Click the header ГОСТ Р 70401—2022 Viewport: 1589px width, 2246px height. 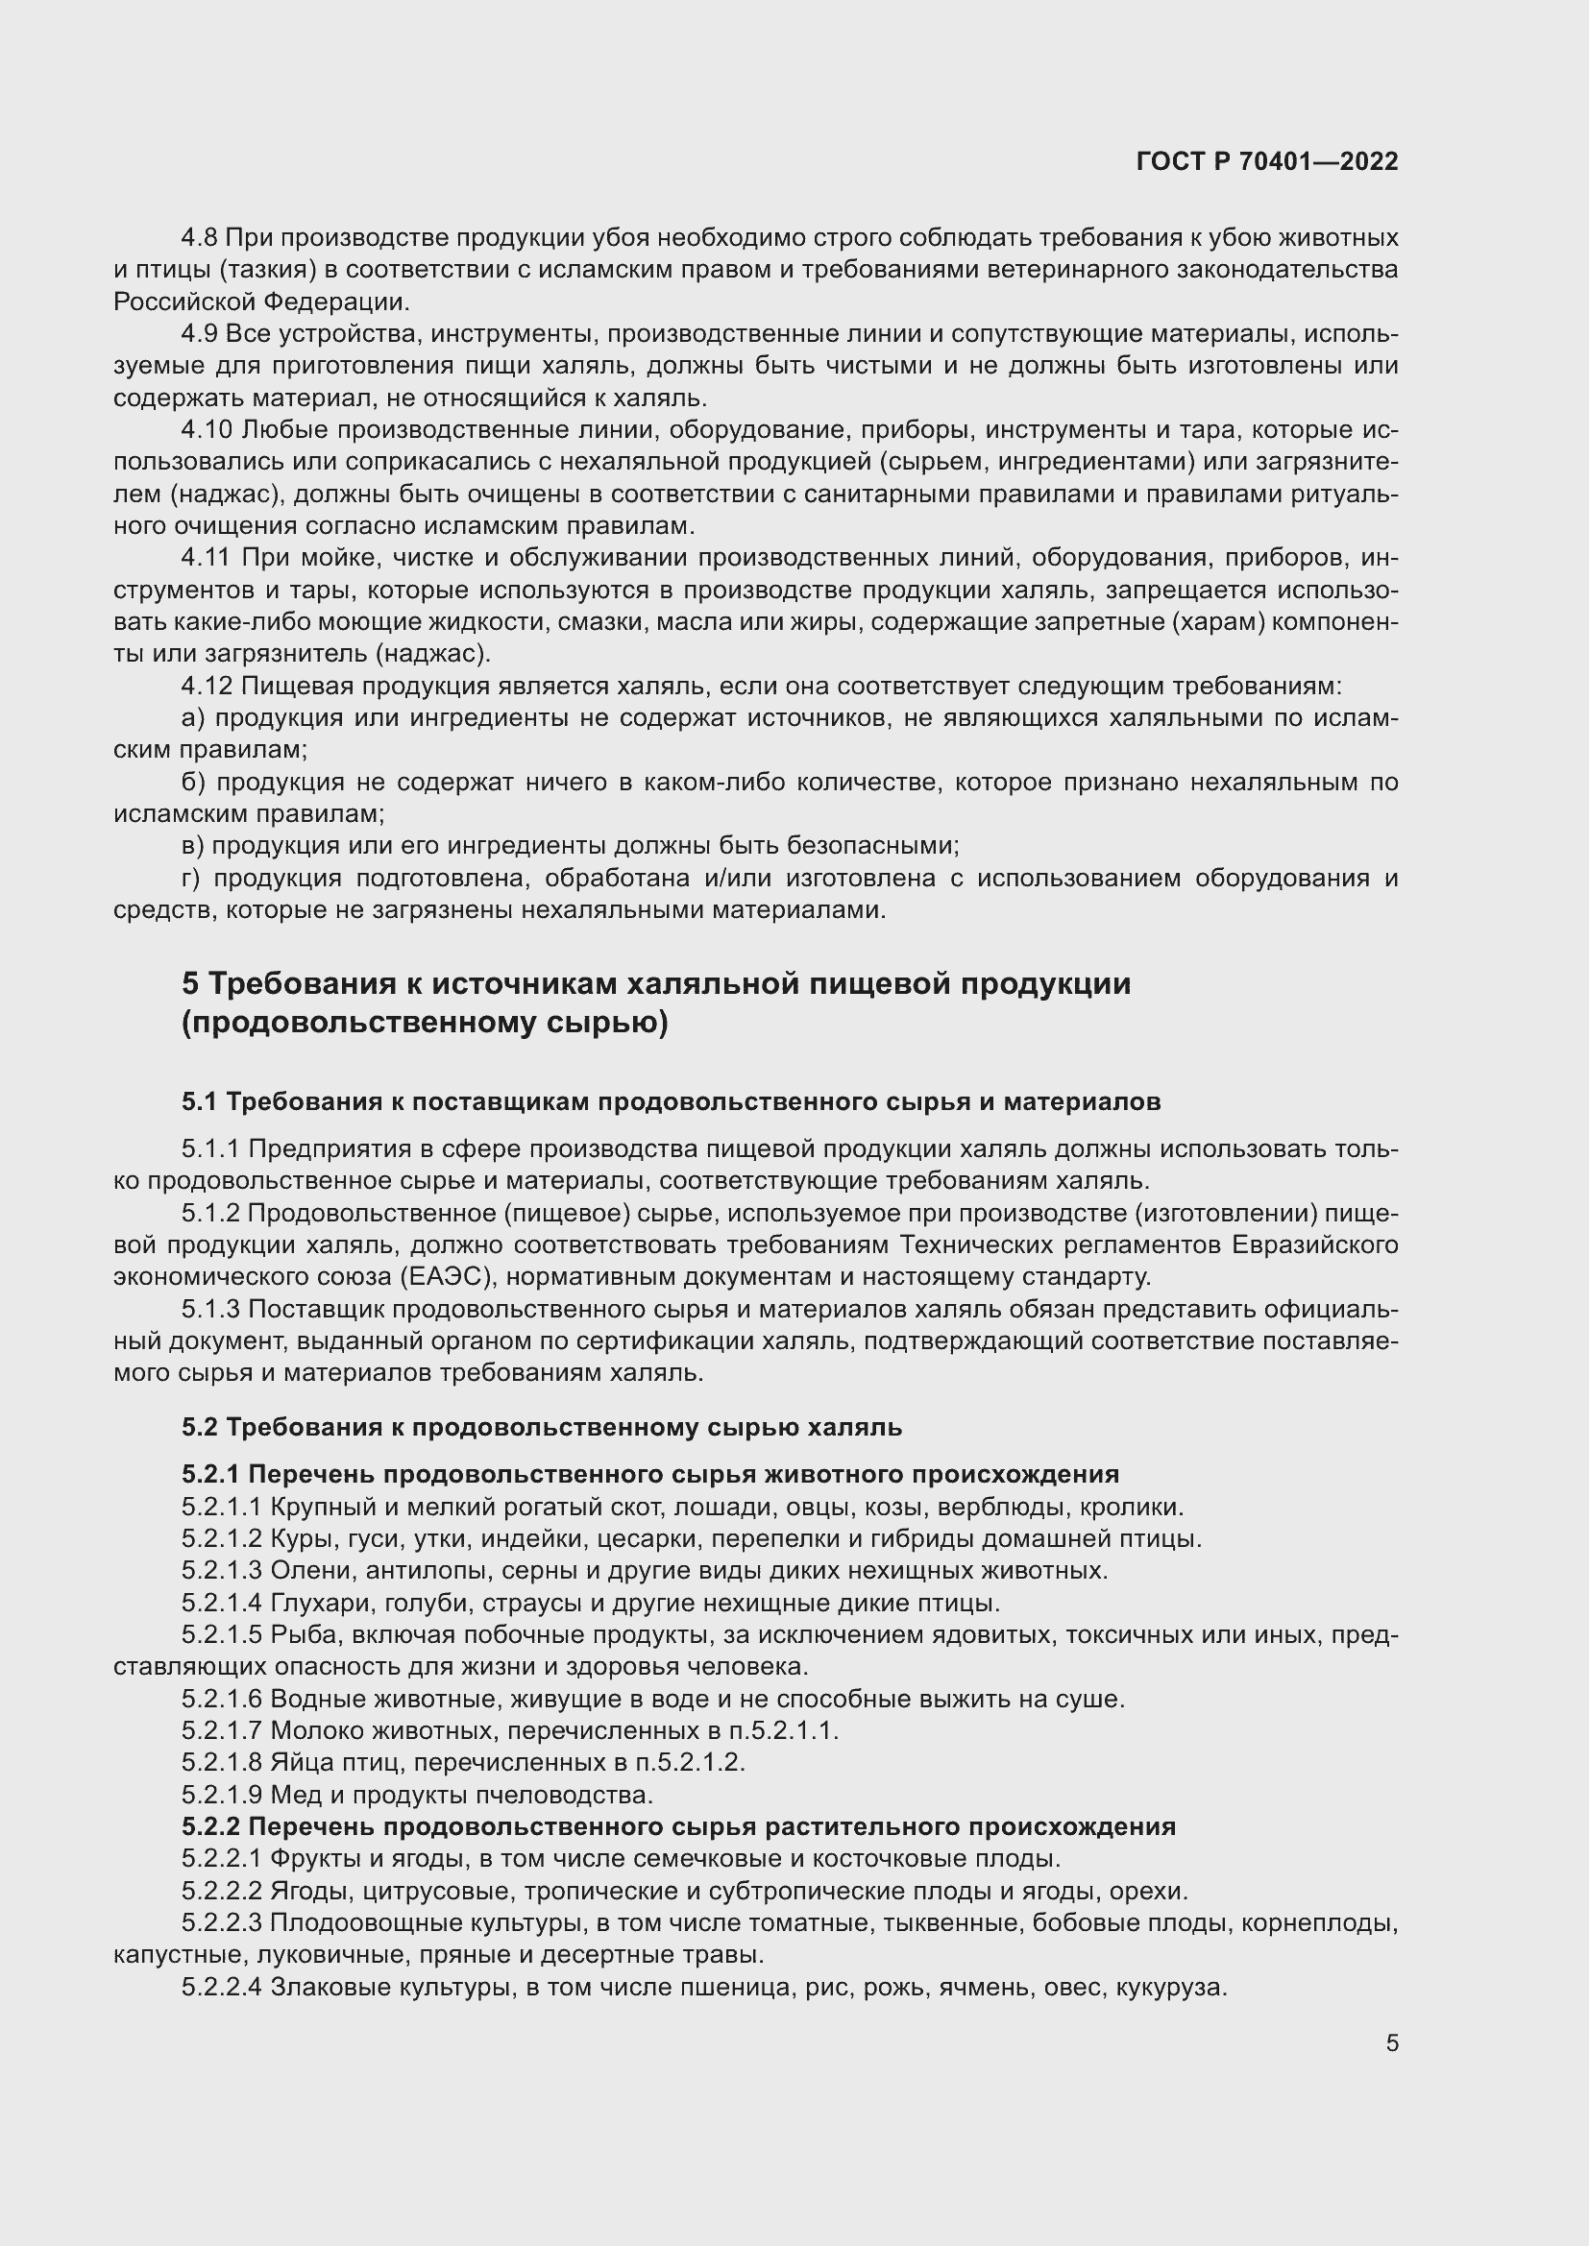pyautogui.click(x=1267, y=162)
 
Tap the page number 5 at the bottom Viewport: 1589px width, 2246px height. pyautogui.click(x=1391, y=2043)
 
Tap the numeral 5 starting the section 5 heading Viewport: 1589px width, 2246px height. pyautogui.click(x=191, y=983)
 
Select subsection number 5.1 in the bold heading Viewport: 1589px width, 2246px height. pyautogui.click(x=199, y=1102)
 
